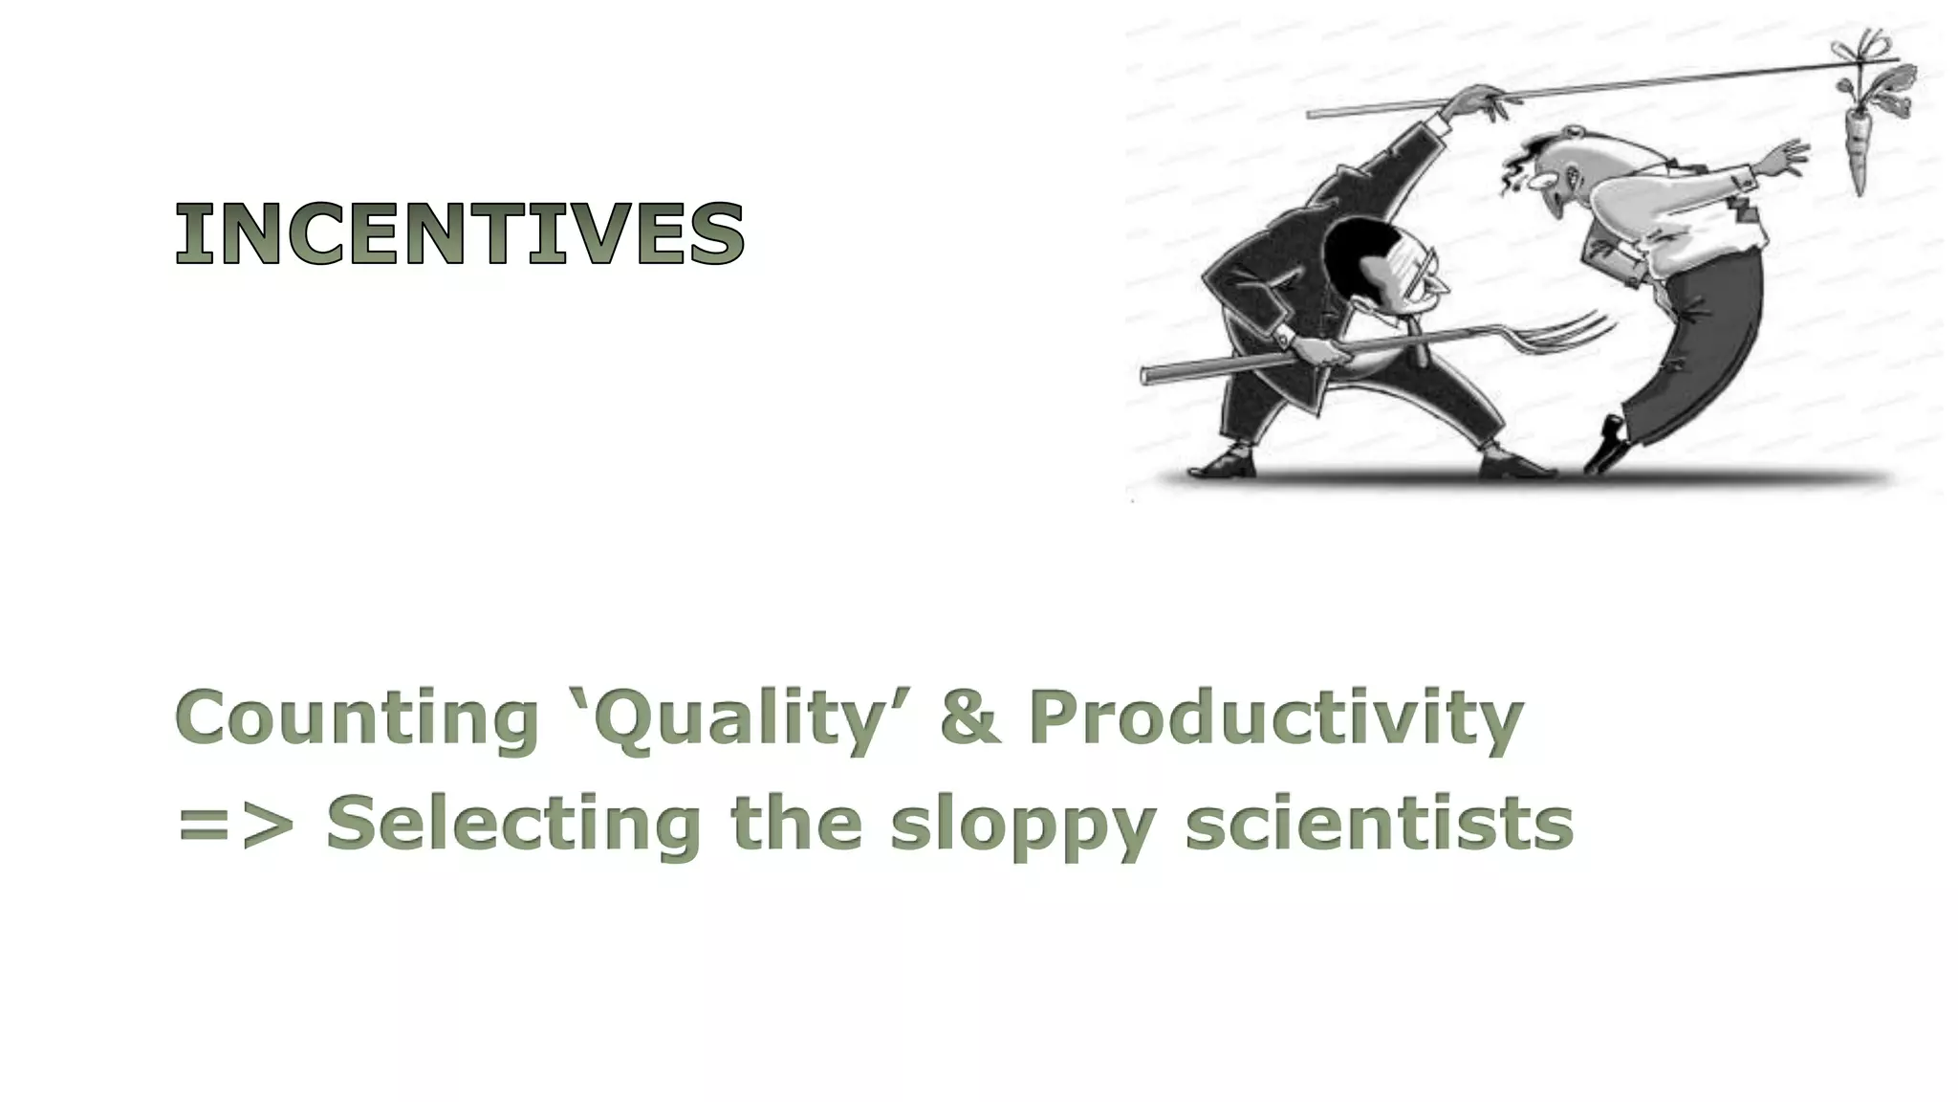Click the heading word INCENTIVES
[460, 233]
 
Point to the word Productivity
[1275, 719]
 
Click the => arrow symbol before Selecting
[235, 825]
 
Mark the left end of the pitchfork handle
[1147, 374]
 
